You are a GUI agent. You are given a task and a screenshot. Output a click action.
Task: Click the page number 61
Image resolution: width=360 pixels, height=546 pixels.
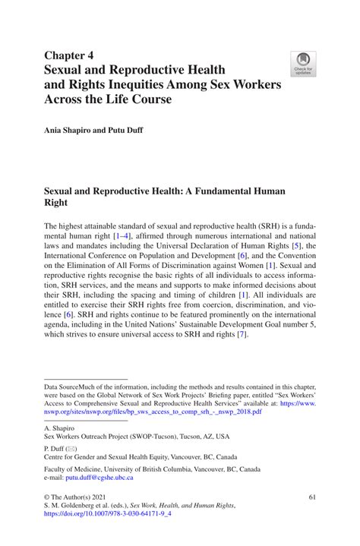(x=311, y=496)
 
